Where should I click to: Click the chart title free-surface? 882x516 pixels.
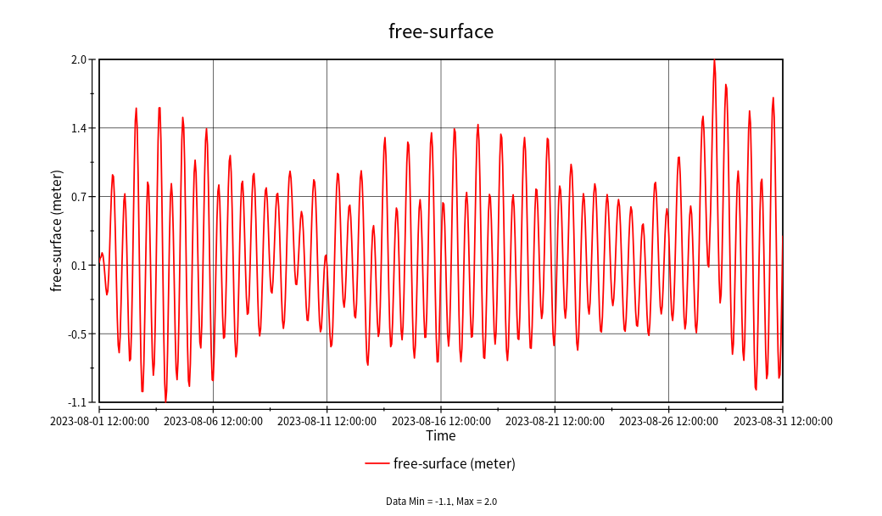point(441,31)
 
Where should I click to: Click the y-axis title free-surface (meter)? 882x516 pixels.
point(57,231)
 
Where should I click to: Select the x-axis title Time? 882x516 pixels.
point(441,435)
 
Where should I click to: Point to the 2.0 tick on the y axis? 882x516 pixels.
point(79,59)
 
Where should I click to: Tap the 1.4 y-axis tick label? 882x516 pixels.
point(79,128)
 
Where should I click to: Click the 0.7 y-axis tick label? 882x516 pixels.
point(79,197)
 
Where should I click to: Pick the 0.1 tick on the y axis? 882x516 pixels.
point(79,266)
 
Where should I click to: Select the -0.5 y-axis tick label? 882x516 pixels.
point(77,334)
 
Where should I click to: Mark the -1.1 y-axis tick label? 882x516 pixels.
point(77,402)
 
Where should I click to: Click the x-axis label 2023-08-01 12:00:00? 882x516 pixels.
point(99,421)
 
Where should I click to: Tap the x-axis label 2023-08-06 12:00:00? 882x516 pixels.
point(213,421)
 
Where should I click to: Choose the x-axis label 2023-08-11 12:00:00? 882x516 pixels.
point(327,421)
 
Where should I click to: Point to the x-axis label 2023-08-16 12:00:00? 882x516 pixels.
point(441,421)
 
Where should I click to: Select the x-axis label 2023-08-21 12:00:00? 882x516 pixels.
point(555,421)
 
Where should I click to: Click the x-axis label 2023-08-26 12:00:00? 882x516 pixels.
point(668,421)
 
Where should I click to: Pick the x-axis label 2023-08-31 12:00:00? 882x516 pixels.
point(782,421)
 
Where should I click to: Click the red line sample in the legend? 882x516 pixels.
point(377,463)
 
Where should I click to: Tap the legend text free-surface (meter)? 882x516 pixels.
point(455,463)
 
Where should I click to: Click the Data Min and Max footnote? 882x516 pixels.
point(441,502)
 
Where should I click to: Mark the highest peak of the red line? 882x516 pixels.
point(714,60)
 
